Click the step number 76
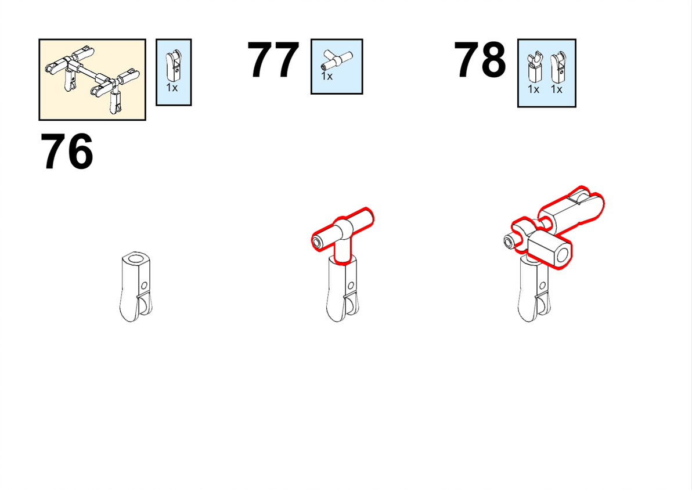coord(67,152)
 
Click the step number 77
coord(273,60)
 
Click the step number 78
coord(480,60)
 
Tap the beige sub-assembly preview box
coord(92,80)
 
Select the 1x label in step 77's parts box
coord(327,77)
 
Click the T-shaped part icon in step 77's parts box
coord(337,60)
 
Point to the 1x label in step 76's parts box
coord(172,88)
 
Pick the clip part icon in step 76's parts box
coord(174,66)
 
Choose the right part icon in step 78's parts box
coord(558,67)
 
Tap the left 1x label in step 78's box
coord(534,89)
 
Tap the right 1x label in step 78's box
coord(557,89)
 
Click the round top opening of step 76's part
coord(137,258)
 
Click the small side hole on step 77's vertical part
coord(351,286)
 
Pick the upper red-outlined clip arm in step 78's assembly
coord(573,209)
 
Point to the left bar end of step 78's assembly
coord(511,242)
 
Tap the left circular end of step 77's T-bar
coord(318,242)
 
